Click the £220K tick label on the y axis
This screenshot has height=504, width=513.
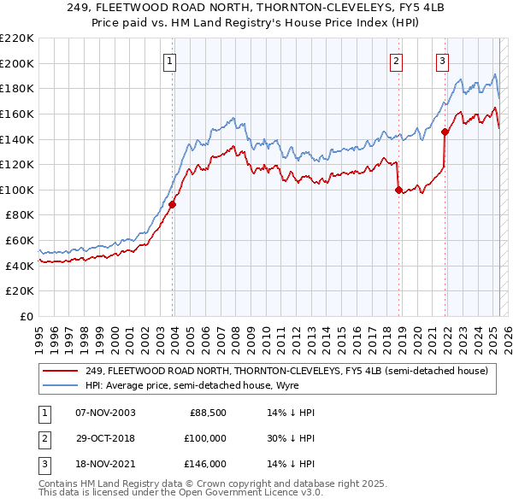[17, 38]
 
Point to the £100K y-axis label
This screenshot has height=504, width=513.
[17, 190]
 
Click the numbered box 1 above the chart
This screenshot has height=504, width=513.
[171, 61]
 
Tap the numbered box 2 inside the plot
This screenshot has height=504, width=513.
[397, 61]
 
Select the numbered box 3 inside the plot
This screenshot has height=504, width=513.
[443, 61]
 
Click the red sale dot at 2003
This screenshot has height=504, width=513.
[173, 204]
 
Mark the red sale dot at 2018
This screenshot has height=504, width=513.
[398, 190]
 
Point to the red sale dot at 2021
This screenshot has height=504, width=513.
[445, 132]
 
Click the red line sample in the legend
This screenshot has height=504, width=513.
[60, 371]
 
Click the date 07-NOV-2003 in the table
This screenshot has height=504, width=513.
[105, 413]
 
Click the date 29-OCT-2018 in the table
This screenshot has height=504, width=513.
[105, 438]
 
